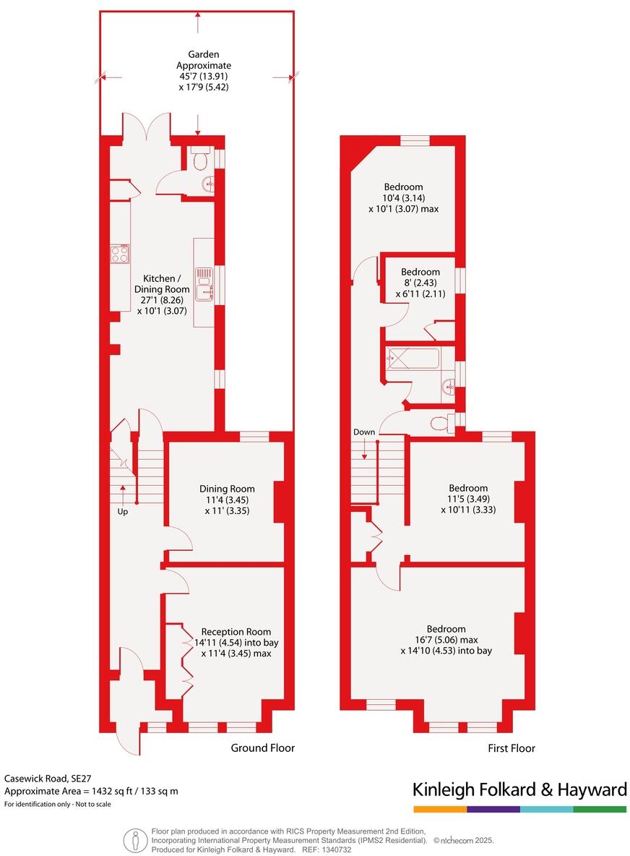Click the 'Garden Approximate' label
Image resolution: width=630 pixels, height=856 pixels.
204,60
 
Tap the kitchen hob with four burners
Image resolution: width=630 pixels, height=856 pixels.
120,254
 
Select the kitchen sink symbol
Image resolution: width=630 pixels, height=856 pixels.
206,284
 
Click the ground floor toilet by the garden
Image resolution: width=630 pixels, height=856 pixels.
200,158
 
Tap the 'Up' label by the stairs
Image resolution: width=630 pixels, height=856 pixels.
123,511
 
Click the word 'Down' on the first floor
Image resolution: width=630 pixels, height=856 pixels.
364,432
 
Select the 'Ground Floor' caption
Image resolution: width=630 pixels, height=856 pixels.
262,748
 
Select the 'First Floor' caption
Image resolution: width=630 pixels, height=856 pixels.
512,748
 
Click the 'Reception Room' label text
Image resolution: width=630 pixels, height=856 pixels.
236,631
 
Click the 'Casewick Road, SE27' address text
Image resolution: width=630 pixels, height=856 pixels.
46,779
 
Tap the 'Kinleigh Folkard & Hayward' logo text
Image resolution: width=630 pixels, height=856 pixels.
519,789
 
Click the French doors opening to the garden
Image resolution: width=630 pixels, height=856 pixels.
147,127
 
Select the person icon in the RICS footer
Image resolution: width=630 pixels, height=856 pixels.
134,840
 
